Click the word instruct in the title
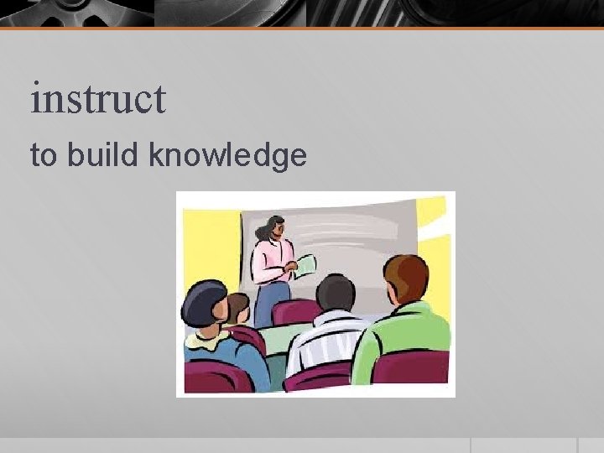coord(98,99)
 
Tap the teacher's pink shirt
coord(271,260)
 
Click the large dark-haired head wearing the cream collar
coord(204,305)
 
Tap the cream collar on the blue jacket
coord(206,339)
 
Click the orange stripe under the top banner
coord(302,29)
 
